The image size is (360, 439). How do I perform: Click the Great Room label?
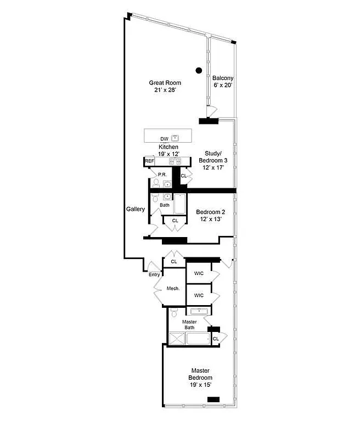point(165,83)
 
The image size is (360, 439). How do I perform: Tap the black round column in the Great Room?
point(199,70)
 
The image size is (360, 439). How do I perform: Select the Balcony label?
point(223,78)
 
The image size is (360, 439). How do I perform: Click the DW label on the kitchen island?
point(164,139)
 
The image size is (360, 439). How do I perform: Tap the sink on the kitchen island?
point(175,138)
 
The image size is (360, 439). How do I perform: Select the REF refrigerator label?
point(149,161)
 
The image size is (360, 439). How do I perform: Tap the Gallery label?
point(135,209)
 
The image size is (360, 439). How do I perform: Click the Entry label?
point(154,274)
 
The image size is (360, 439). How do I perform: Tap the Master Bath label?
point(189,324)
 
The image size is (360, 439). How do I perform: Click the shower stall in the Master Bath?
point(177,339)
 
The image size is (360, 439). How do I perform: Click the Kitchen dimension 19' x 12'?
point(169,154)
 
